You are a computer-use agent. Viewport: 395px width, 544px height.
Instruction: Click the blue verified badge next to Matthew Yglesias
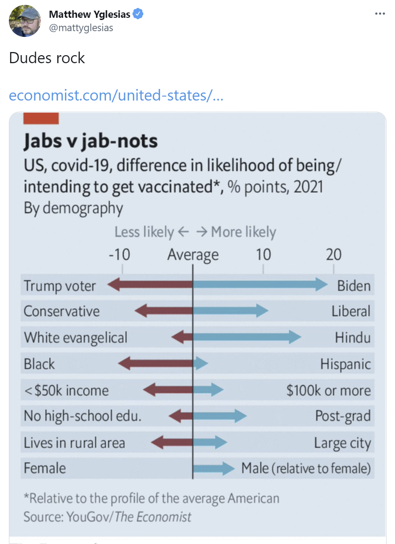click(x=138, y=14)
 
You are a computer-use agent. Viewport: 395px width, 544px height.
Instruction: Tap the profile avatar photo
click(x=25, y=21)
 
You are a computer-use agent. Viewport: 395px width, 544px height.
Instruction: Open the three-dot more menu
click(x=379, y=14)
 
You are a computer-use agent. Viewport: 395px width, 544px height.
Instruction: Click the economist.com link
click(x=116, y=95)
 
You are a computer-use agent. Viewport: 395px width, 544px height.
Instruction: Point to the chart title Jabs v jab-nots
click(x=91, y=141)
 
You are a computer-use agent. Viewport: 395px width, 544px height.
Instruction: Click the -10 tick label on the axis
click(x=119, y=255)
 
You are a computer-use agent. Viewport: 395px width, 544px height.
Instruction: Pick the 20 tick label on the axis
click(x=333, y=255)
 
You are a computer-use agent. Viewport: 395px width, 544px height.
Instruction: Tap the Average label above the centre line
click(x=193, y=255)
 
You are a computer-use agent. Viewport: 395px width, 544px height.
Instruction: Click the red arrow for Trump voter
click(x=150, y=285)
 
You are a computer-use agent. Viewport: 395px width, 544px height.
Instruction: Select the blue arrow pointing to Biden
click(x=260, y=285)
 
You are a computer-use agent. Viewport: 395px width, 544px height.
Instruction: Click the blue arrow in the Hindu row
click(x=247, y=337)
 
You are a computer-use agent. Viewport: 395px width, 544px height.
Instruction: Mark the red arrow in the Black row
click(x=156, y=363)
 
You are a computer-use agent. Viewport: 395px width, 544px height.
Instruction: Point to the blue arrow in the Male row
click(x=214, y=468)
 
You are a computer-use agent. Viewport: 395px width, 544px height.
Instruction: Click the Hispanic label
click(x=345, y=364)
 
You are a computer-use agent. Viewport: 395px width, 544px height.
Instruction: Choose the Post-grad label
click(x=343, y=416)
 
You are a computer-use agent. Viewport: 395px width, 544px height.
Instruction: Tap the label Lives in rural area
click(x=74, y=443)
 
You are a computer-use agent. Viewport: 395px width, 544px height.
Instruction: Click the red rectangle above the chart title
click(x=41, y=118)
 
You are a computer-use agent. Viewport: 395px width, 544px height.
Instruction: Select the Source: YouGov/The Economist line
click(x=107, y=517)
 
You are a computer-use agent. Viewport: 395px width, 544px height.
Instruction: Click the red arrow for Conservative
click(x=164, y=311)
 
